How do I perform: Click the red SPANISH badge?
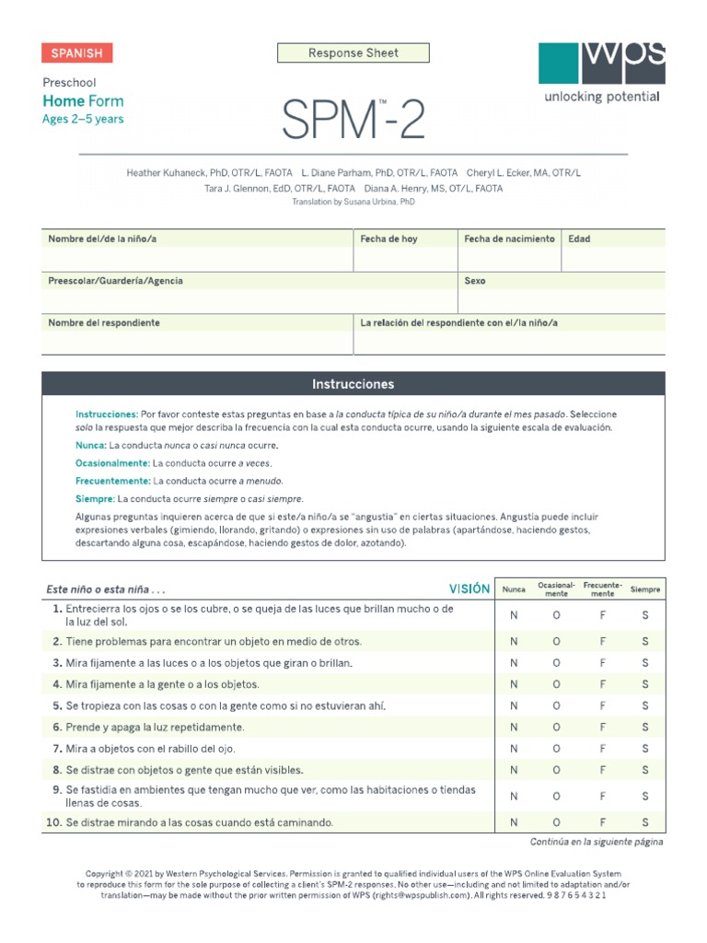click(76, 53)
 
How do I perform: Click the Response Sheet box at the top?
click(353, 53)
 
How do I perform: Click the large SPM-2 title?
click(353, 120)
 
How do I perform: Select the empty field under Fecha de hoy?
click(405, 260)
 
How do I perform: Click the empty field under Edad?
click(613, 260)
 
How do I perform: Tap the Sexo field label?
click(475, 281)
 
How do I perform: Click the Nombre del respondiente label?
click(104, 323)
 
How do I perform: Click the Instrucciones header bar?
click(353, 384)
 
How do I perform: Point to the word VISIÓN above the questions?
click(469, 589)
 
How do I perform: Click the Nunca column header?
click(514, 589)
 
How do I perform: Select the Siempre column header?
click(645, 589)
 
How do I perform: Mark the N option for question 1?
click(514, 615)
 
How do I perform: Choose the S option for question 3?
click(645, 663)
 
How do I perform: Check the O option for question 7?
click(556, 749)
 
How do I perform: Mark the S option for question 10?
click(645, 822)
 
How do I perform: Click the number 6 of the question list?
click(57, 728)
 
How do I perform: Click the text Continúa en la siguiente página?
click(597, 842)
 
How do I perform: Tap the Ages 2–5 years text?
click(83, 119)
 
